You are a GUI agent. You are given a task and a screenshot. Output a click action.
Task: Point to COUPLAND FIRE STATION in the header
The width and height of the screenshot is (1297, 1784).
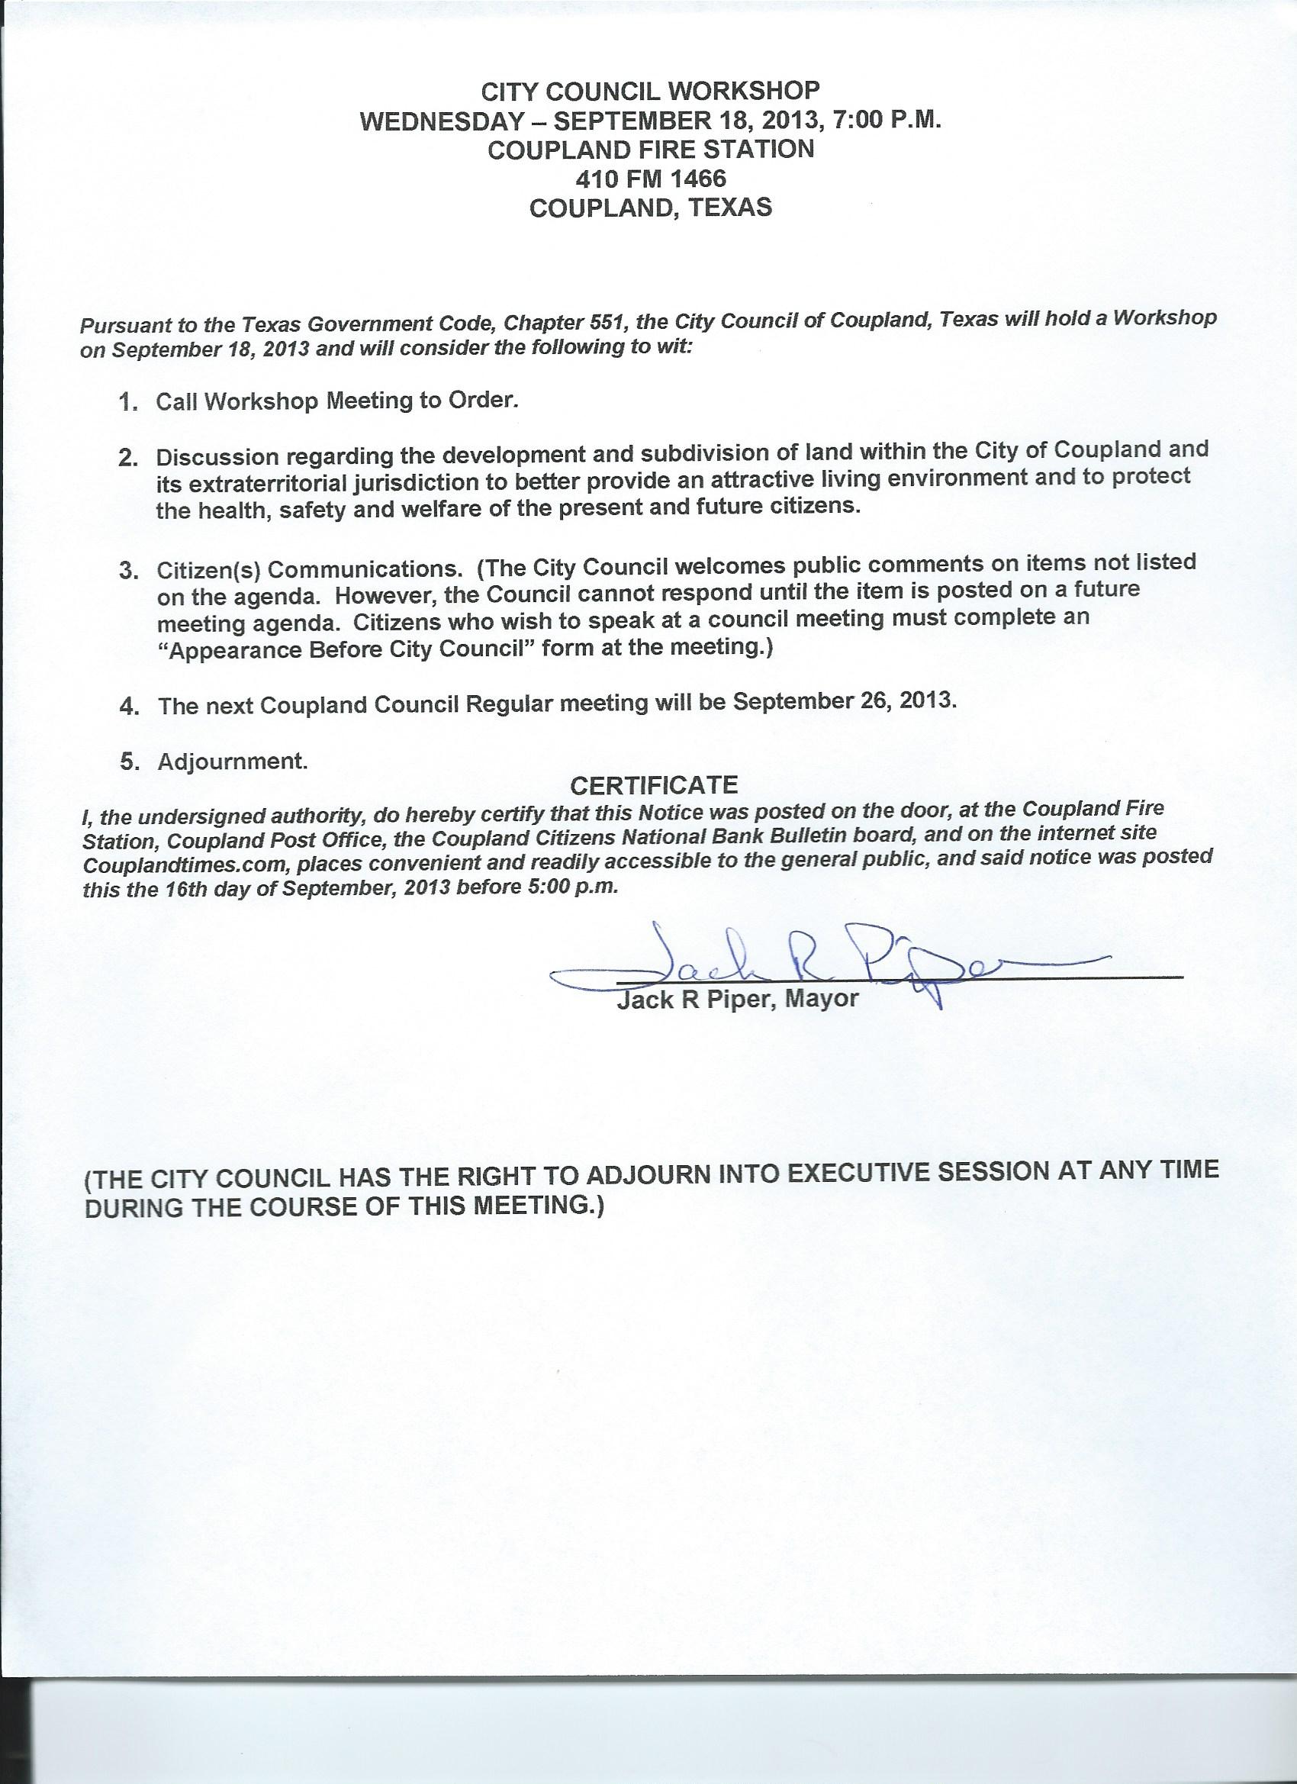point(651,150)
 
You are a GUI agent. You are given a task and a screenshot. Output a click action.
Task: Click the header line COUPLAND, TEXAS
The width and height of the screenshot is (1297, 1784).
point(651,207)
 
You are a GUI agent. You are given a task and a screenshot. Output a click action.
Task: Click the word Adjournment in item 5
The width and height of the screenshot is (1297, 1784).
point(232,762)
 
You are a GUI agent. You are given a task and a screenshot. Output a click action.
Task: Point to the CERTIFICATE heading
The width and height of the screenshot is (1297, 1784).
point(654,785)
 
